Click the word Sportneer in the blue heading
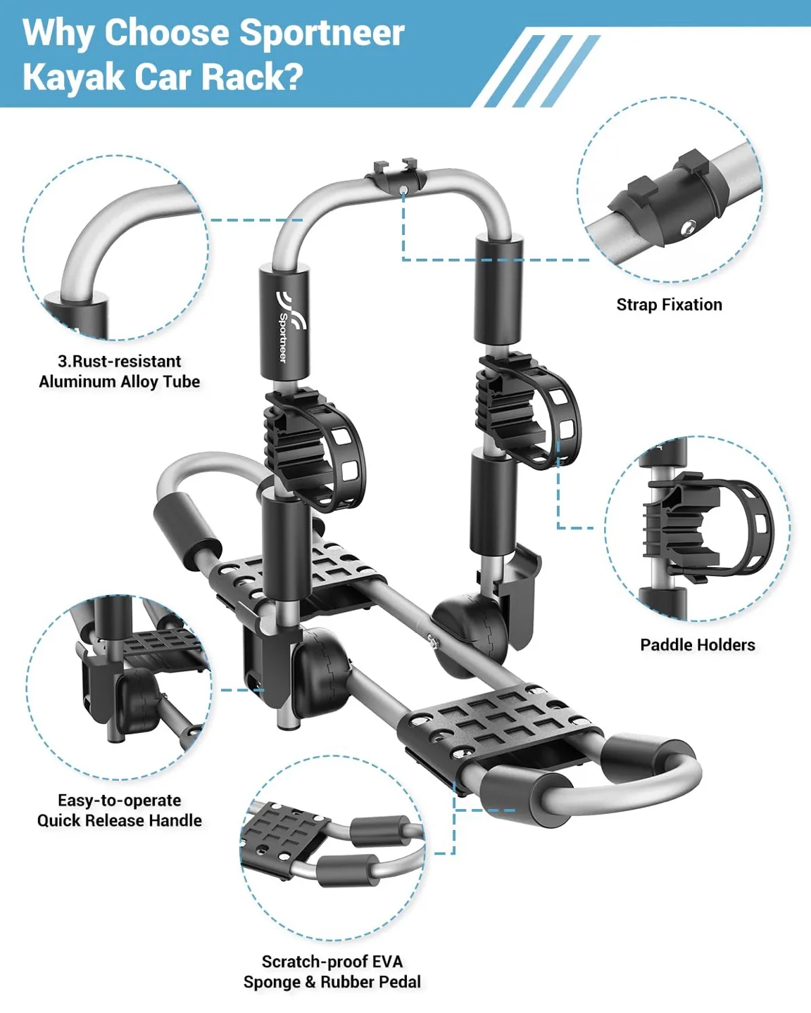pos(322,34)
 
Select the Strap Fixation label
pos(669,305)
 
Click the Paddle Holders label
pos(698,644)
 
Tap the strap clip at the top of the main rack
pos(396,175)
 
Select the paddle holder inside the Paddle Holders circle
pos(707,525)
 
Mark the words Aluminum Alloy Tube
pos(119,381)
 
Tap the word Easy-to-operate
pos(119,801)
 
